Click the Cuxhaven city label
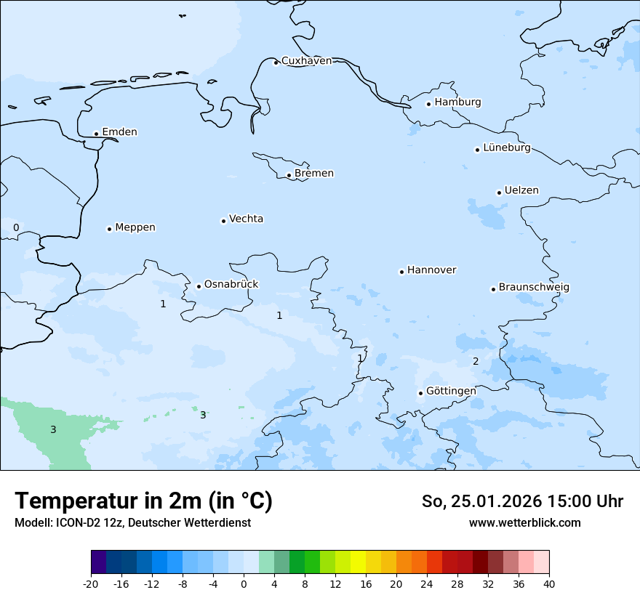click(x=306, y=61)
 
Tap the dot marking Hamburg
click(x=428, y=104)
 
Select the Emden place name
click(x=119, y=132)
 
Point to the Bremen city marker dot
click(x=289, y=175)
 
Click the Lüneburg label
click(x=507, y=148)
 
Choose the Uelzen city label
click(x=521, y=191)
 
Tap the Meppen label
click(x=135, y=227)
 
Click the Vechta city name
click(x=246, y=219)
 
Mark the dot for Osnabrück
click(x=199, y=286)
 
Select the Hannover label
click(x=431, y=270)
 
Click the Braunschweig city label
click(x=534, y=288)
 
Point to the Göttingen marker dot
click(x=420, y=393)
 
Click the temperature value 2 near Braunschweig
click(x=476, y=361)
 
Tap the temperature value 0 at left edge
click(x=16, y=227)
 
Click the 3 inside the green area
click(x=53, y=430)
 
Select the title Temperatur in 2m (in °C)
click(x=144, y=501)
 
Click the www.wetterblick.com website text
click(x=524, y=522)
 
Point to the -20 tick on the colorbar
click(x=91, y=584)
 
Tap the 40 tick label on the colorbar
click(x=549, y=584)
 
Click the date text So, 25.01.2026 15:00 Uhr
click(x=522, y=501)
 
